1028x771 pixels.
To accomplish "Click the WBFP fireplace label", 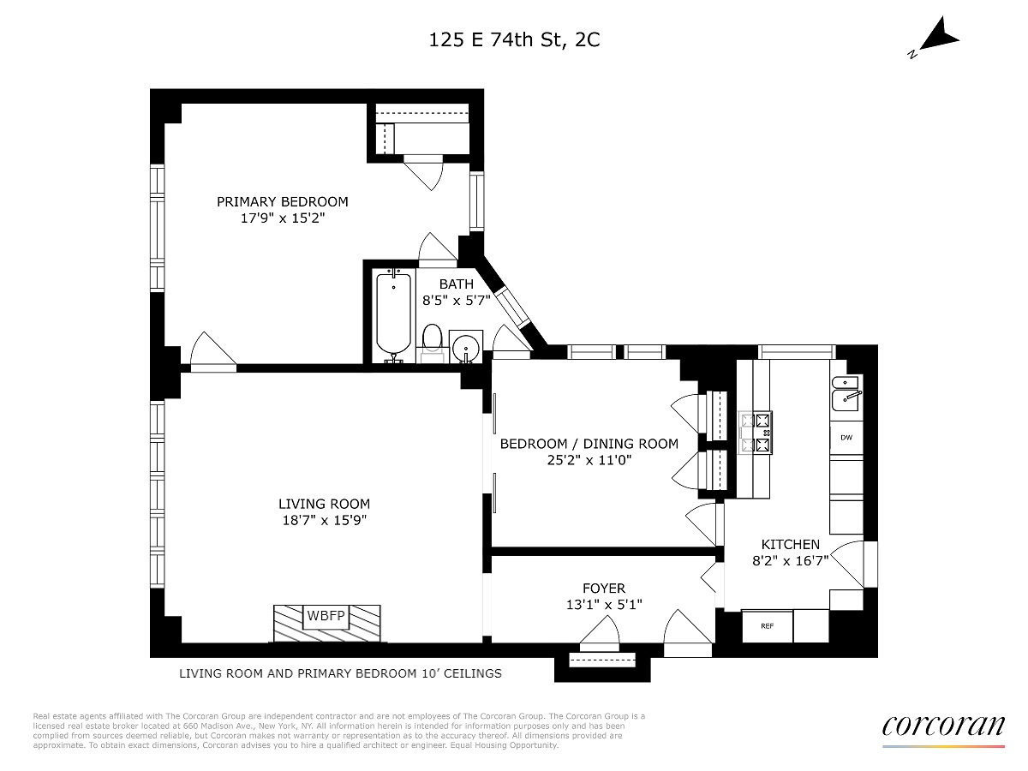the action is tap(326, 614).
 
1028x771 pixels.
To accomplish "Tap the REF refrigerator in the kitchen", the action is tap(767, 625).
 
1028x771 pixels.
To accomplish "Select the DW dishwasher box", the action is tap(846, 438).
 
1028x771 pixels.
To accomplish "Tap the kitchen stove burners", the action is tap(755, 433).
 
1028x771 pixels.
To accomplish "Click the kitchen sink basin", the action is tap(846, 393).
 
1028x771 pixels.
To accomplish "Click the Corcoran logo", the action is tap(943, 727).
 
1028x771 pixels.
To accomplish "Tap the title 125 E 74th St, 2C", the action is tap(514, 39).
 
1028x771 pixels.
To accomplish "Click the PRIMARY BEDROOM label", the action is tap(283, 202).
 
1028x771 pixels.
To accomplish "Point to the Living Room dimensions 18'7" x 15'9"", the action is tap(324, 520).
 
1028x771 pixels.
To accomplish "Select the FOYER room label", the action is tap(604, 588).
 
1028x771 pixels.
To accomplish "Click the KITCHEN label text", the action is tap(790, 545).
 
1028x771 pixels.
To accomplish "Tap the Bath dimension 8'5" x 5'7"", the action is tap(456, 300).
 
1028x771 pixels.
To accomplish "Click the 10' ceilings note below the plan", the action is tap(340, 673).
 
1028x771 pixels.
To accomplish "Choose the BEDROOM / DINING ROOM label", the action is tap(589, 444).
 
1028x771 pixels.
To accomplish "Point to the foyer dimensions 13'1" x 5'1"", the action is tap(604, 604).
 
